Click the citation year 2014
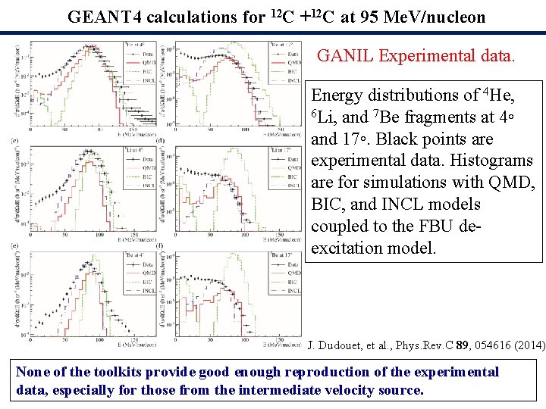coord(524,345)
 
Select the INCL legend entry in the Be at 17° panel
coord(292,290)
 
